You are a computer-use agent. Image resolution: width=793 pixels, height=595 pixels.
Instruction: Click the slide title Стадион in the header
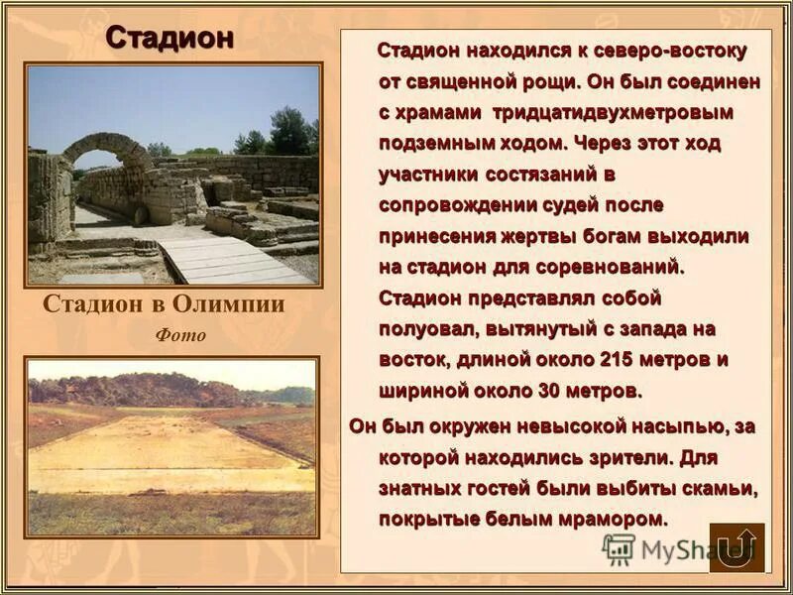click(170, 37)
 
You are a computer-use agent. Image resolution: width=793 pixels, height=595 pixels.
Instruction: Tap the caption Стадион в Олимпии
click(164, 304)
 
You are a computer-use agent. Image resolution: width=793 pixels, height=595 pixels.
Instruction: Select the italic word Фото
click(180, 335)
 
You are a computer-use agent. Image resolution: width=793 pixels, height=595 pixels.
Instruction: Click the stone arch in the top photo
click(107, 149)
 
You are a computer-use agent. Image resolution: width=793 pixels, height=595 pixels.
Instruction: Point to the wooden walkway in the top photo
click(223, 259)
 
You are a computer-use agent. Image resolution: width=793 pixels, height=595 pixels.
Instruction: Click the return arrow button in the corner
click(736, 547)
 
